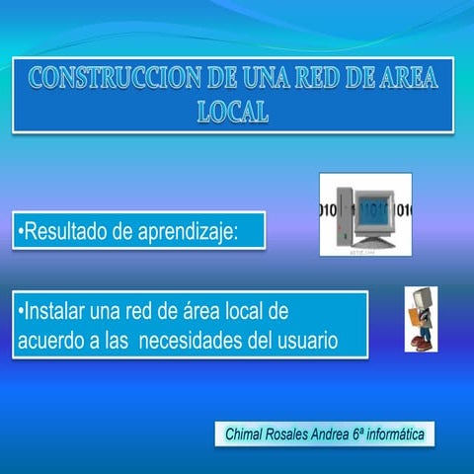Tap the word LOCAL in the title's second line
(233, 111)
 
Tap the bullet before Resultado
(20, 233)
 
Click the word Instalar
(54, 312)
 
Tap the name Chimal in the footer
(246, 434)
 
